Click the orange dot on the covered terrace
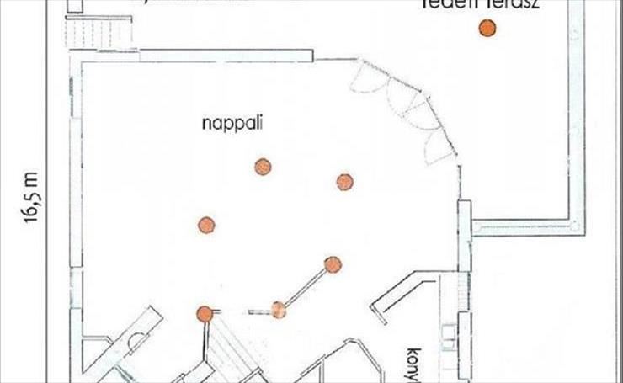click(x=487, y=29)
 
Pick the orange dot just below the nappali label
click(x=263, y=167)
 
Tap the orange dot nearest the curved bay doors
click(x=343, y=182)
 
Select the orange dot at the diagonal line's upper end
click(x=333, y=264)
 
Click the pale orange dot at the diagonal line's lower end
click(x=279, y=310)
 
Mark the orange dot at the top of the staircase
click(x=204, y=314)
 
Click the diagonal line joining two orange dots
click(x=306, y=287)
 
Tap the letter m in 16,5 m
click(x=32, y=179)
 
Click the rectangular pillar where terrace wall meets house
click(x=464, y=236)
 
